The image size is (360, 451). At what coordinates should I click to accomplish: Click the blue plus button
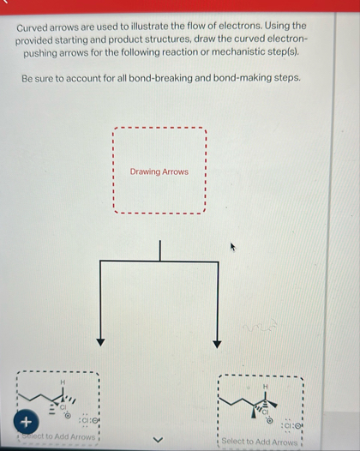pyautogui.click(x=27, y=421)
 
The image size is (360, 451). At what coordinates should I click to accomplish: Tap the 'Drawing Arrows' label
pyautogui.click(x=159, y=171)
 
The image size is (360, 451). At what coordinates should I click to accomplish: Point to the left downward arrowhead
pyautogui.click(x=100, y=342)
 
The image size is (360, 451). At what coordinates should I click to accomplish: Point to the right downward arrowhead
pyautogui.click(x=217, y=343)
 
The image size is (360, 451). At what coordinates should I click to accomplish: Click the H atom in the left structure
pyautogui.click(x=62, y=381)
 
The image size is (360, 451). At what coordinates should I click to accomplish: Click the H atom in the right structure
pyautogui.click(x=264, y=387)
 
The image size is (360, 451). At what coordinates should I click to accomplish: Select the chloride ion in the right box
pyautogui.click(x=291, y=426)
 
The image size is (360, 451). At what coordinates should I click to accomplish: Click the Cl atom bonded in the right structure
pyautogui.click(x=266, y=412)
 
